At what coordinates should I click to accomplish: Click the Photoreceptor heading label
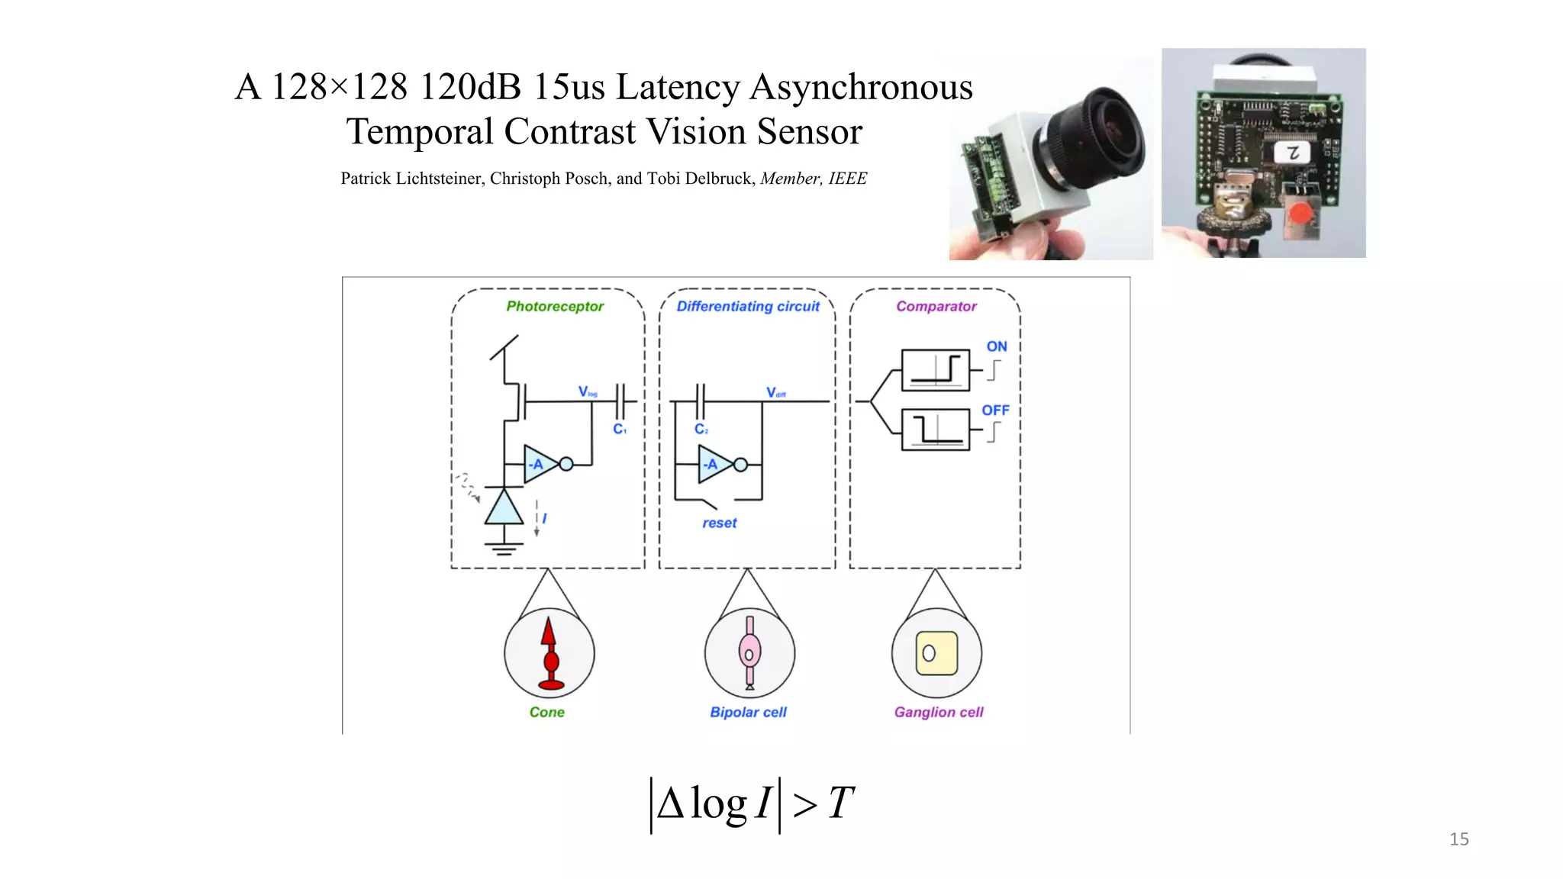[x=555, y=307]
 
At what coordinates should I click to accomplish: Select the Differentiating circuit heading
[x=748, y=307]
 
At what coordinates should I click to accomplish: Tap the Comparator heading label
[x=936, y=307]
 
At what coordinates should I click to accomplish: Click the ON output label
[x=997, y=346]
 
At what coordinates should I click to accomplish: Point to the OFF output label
[x=995, y=411]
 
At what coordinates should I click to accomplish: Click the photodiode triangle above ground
[x=504, y=508]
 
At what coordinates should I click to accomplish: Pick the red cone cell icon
[x=549, y=654]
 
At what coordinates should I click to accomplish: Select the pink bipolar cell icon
[x=749, y=653]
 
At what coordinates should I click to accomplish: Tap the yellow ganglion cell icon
[x=936, y=654]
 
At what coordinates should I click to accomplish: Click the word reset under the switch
[x=720, y=523]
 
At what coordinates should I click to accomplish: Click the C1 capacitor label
[x=620, y=430]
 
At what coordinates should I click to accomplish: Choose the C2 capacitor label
[x=701, y=430]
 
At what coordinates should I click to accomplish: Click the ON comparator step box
[x=936, y=370]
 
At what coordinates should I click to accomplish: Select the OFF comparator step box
[x=936, y=430]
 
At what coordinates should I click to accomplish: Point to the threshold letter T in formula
[x=840, y=803]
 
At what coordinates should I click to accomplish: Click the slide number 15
[x=1458, y=839]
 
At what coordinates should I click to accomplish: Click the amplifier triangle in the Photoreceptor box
[x=540, y=464]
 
